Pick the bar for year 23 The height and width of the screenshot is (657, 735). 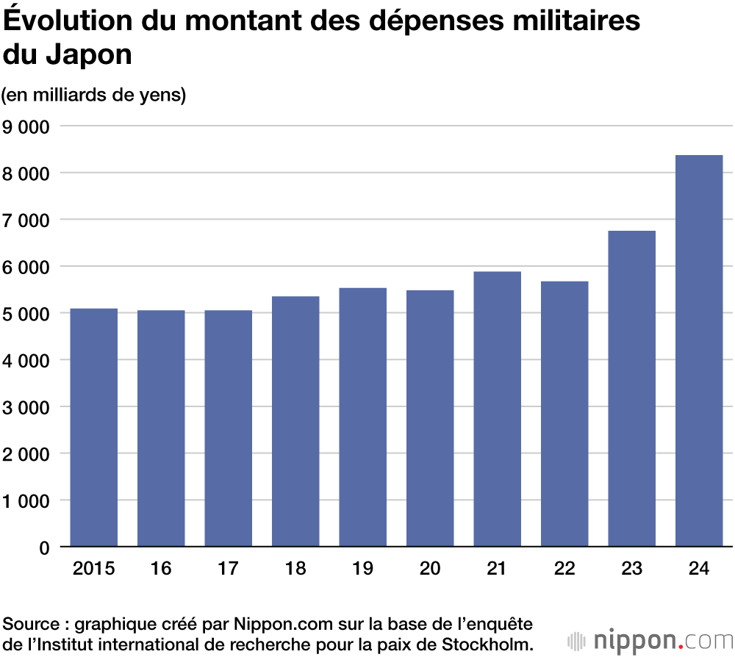point(632,389)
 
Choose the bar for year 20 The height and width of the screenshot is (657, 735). point(430,418)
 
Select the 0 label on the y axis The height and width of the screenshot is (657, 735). point(43,548)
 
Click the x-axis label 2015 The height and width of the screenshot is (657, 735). point(94,569)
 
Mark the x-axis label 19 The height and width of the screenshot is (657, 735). point(362,569)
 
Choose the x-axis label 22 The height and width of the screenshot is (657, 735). point(564,569)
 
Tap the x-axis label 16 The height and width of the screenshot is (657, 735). point(161,569)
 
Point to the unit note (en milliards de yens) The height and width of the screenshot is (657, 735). point(93,96)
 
